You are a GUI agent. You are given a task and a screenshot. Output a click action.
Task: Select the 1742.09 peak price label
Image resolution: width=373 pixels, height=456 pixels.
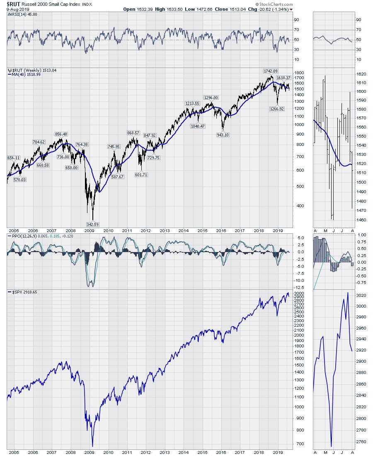pyautogui.click(x=271, y=71)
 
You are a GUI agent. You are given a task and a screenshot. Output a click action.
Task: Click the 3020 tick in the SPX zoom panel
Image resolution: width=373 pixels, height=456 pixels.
pyautogui.click(x=361, y=296)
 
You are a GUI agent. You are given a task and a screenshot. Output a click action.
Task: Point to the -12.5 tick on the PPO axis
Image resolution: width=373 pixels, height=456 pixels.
pyautogui.click(x=302, y=287)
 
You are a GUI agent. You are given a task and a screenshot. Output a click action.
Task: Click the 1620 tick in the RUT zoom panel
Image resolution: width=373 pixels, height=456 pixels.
pyautogui.click(x=361, y=74)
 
